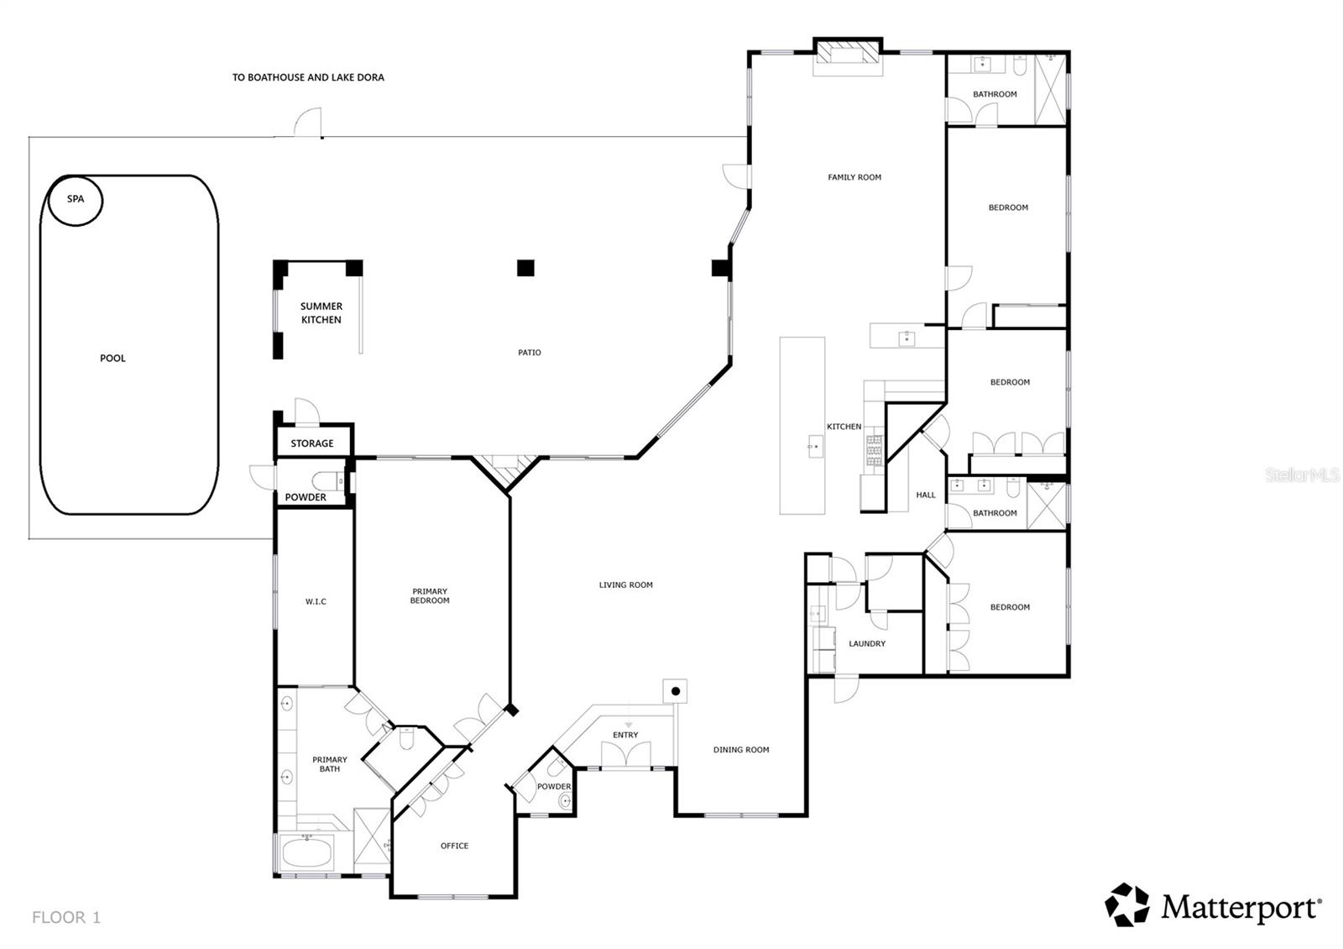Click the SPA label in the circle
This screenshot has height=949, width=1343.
76,199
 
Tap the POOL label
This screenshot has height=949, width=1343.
112,358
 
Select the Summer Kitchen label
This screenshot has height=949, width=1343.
321,313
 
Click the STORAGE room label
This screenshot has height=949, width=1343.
312,443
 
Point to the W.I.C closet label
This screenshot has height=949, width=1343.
316,601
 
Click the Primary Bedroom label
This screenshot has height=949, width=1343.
430,595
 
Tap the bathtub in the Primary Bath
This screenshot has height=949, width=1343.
306,855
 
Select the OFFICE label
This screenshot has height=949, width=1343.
454,846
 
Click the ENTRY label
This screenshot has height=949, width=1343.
625,735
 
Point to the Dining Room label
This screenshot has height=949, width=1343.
741,750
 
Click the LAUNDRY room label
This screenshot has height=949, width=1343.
867,643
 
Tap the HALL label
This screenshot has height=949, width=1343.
926,495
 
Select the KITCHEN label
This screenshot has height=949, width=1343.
844,427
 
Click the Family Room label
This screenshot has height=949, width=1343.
854,177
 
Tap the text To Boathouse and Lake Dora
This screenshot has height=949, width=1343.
308,77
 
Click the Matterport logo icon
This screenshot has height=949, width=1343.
1126,905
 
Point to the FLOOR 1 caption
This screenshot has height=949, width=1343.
66,917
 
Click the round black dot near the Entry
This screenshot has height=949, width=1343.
676,691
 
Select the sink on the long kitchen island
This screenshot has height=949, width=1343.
815,445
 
